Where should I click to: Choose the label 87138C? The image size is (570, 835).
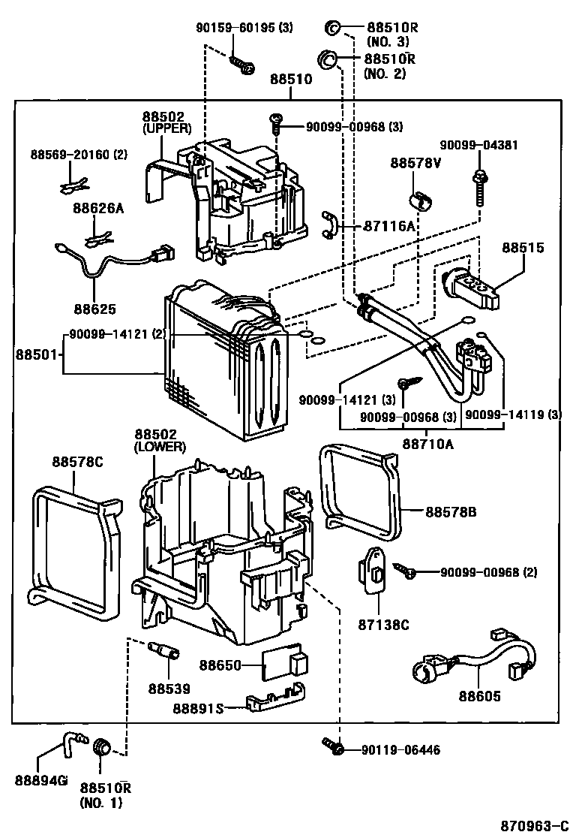click(382, 625)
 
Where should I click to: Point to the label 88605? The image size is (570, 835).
click(480, 696)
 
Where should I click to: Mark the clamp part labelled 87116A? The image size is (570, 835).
click(328, 225)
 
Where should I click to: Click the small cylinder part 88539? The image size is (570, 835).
click(164, 650)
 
